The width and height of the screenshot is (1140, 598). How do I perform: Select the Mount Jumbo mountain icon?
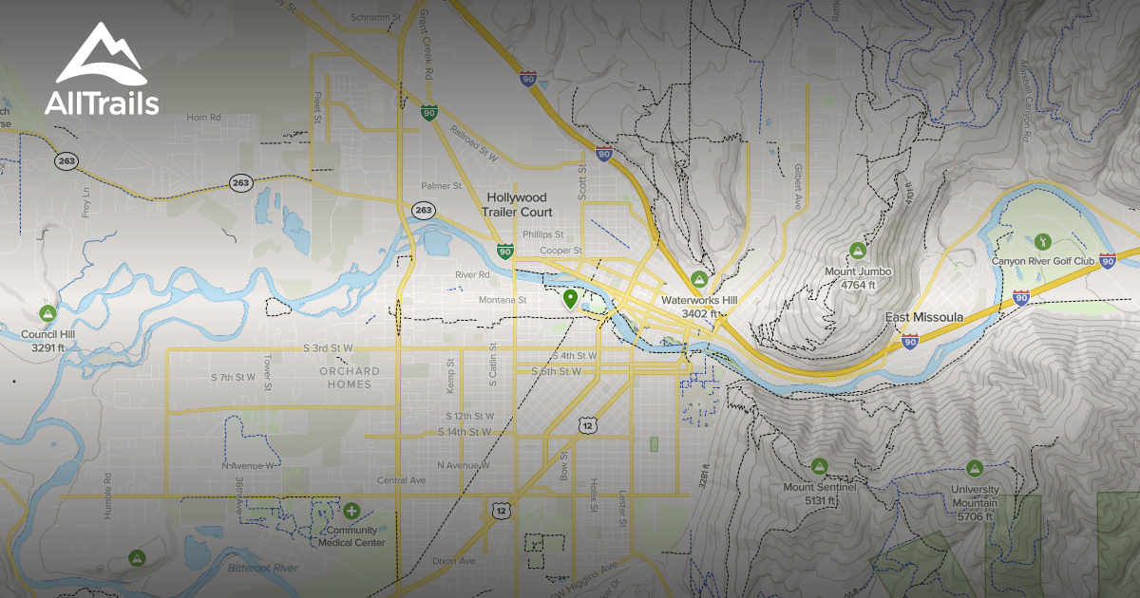point(857,251)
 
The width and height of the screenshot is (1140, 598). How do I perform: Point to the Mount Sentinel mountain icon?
point(820,465)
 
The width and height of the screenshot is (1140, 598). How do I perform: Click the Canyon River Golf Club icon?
point(1042,240)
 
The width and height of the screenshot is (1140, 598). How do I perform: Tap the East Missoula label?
point(923,317)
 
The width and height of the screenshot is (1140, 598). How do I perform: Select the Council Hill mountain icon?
point(47,312)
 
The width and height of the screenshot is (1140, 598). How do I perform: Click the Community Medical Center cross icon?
point(351,511)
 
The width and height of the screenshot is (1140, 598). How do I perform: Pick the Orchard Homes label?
point(350,377)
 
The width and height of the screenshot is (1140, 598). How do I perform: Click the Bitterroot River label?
point(262,568)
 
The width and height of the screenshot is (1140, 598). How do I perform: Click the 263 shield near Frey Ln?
point(66,160)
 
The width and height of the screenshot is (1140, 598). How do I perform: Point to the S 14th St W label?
point(465,432)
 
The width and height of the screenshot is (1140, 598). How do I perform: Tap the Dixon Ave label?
point(453,561)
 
